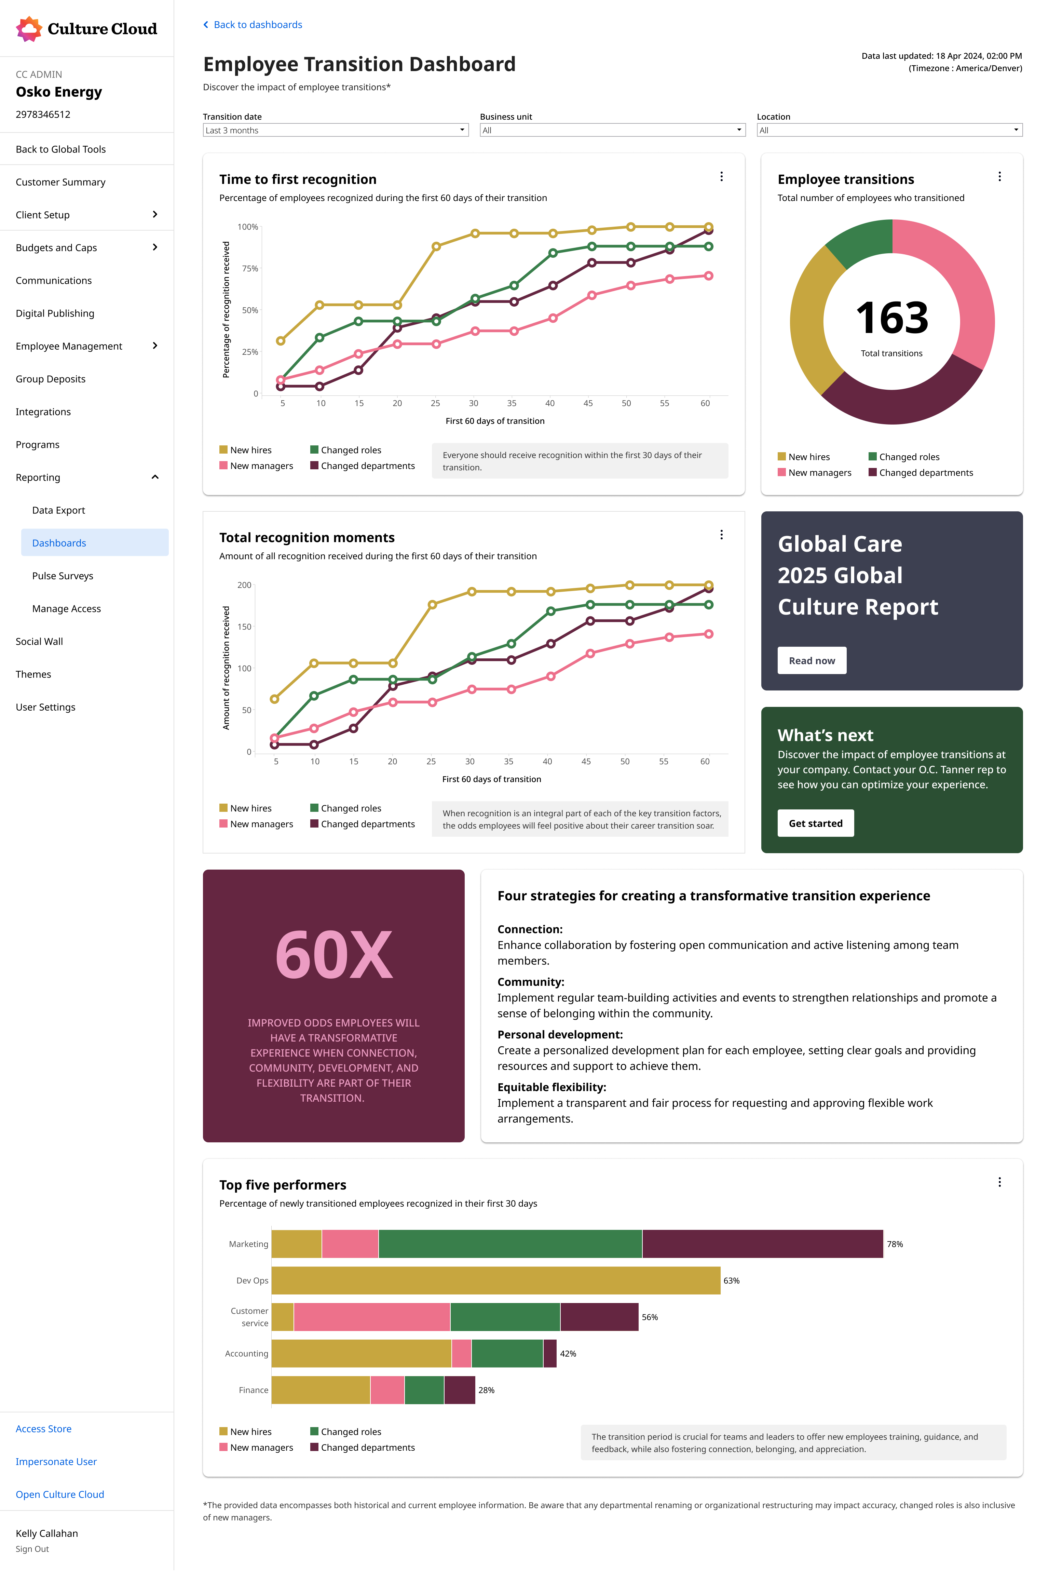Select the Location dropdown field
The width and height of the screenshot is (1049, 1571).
click(x=889, y=130)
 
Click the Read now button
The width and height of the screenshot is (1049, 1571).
click(x=812, y=660)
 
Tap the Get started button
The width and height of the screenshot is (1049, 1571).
click(x=816, y=823)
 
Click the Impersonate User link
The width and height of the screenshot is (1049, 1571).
click(x=56, y=1461)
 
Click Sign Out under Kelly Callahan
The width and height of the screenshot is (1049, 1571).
click(x=32, y=1549)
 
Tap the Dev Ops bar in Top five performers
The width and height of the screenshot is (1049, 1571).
click(x=496, y=1280)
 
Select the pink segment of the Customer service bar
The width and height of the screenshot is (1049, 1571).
click(x=372, y=1317)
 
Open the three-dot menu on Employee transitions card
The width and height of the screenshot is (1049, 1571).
click(x=999, y=177)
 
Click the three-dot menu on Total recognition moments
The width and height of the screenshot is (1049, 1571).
click(x=721, y=535)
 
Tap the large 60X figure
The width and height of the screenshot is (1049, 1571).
click(x=334, y=955)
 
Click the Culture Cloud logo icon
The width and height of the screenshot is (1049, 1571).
click(x=29, y=29)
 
